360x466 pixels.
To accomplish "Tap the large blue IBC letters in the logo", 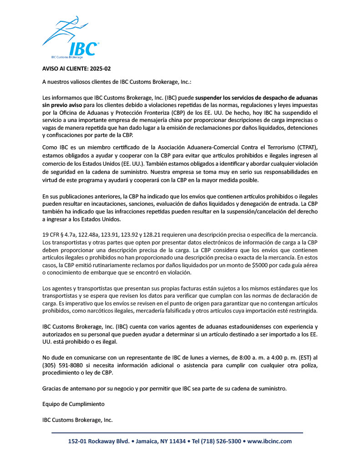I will click(83, 49).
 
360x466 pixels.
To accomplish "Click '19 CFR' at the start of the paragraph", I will click(51, 234).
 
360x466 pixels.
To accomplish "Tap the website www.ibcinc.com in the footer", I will click(269, 441).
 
